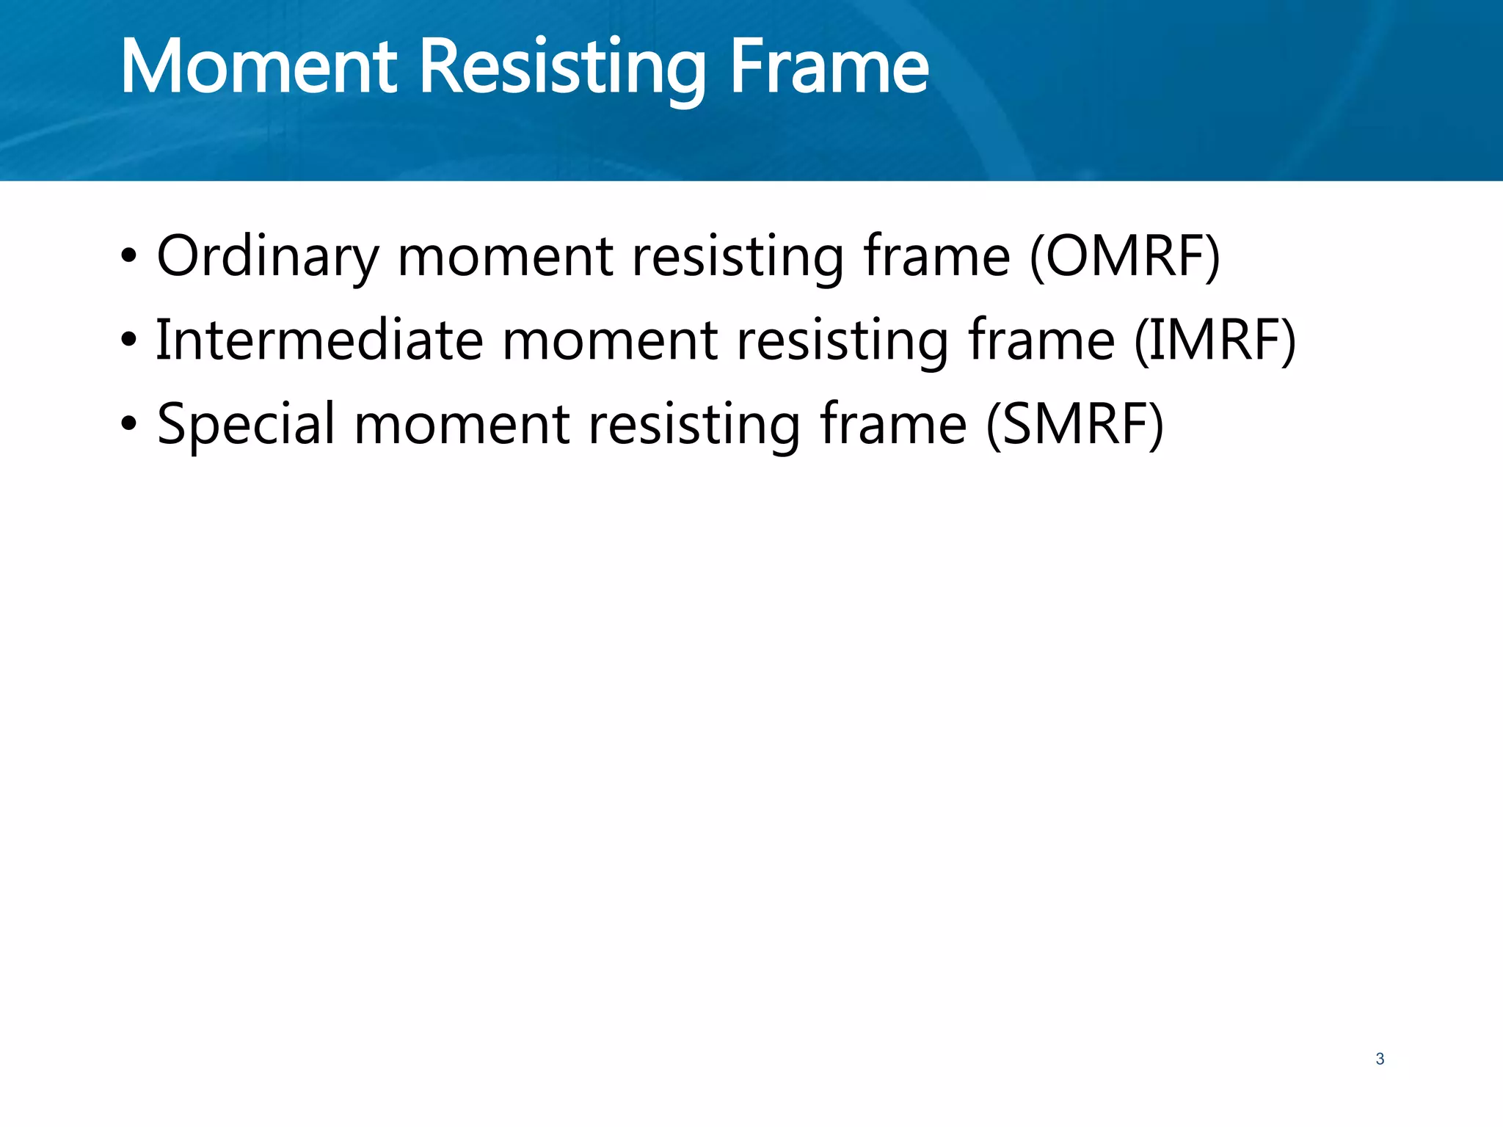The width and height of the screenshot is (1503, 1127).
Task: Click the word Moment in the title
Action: [258, 68]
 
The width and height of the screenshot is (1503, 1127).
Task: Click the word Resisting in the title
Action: [562, 68]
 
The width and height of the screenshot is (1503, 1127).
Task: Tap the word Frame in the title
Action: [829, 68]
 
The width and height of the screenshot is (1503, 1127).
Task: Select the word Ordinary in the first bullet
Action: [267, 257]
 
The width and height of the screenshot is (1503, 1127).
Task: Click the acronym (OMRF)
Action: [1125, 257]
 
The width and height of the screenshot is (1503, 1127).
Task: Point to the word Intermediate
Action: [319, 340]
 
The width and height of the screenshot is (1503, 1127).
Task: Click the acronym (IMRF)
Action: [1215, 340]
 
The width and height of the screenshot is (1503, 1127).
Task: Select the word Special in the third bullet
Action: [246, 425]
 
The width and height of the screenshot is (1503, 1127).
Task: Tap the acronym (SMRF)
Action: [1074, 425]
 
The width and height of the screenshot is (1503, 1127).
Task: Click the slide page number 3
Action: [1380, 1059]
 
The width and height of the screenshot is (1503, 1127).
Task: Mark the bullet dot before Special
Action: [129, 425]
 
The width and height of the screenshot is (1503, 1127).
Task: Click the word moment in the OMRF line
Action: [505, 257]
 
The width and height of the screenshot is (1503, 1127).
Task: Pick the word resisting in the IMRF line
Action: [843, 340]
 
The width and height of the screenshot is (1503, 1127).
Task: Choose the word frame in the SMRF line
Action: [893, 425]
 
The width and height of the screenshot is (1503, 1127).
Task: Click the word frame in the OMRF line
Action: [936, 257]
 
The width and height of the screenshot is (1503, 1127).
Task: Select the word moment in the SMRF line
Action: [462, 425]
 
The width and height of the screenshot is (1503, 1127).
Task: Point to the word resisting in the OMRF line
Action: [738, 257]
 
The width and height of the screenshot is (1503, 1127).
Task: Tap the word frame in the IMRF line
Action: [1041, 340]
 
